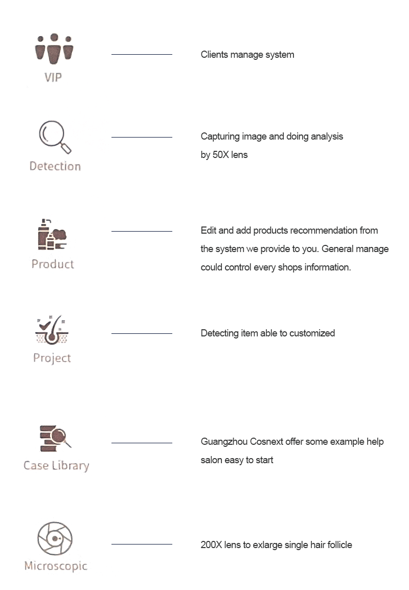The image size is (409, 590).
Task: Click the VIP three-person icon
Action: tap(54, 49)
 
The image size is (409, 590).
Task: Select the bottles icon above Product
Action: tap(52, 235)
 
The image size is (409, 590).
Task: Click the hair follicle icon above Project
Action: tap(52, 330)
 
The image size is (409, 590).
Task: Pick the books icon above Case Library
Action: tap(55, 438)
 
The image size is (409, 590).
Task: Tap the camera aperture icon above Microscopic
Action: tap(55, 538)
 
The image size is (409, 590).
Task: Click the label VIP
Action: tap(53, 78)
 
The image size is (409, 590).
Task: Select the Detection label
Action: tap(55, 166)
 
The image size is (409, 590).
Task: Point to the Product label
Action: tap(53, 264)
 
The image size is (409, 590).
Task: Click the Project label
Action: tap(52, 358)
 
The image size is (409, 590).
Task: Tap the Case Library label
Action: tap(56, 466)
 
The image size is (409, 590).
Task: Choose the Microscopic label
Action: tap(56, 566)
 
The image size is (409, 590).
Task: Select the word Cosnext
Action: tap(266, 441)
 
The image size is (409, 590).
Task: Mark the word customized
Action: tap(312, 333)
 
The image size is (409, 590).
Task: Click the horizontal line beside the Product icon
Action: tap(142, 231)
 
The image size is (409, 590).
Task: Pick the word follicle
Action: tap(340, 544)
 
